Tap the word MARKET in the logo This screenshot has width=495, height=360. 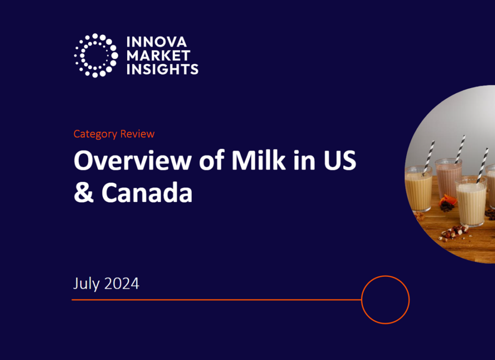(x=158, y=56)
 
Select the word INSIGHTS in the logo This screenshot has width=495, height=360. (x=162, y=69)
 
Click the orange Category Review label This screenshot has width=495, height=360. (x=114, y=134)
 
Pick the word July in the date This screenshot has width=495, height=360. (x=87, y=283)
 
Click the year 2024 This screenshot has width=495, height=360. (x=121, y=283)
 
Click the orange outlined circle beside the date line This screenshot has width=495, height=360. (x=385, y=300)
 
